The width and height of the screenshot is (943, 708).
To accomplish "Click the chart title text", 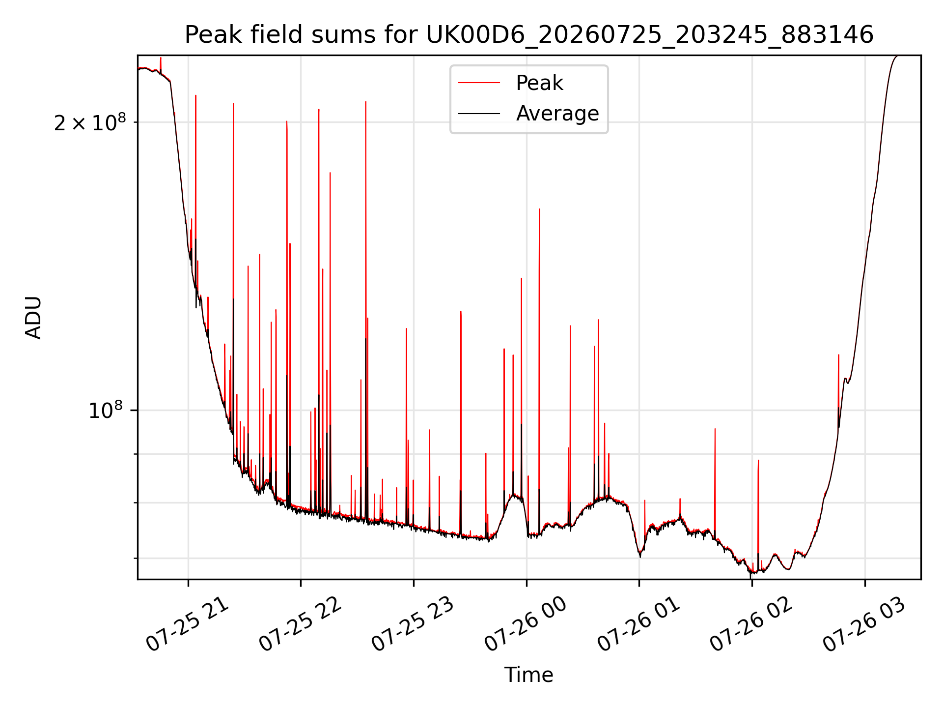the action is click(x=529, y=35).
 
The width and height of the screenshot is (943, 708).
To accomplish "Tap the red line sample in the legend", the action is click(x=479, y=83).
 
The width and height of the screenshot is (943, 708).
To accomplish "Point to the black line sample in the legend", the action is click(x=479, y=114).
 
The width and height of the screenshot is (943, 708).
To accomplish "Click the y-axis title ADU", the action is click(x=33, y=318).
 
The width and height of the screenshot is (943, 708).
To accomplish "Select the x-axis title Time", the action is click(x=529, y=675).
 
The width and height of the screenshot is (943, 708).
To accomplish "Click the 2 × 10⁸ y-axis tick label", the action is click(x=90, y=122).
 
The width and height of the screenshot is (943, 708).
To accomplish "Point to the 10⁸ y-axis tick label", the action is click(x=105, y=410).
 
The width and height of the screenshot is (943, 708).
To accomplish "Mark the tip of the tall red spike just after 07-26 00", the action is click(x=539, y=209).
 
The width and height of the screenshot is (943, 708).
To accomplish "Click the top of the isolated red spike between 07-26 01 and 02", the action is click(x=715, y=429).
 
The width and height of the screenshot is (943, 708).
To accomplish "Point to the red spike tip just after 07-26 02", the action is click(x=758, y=460).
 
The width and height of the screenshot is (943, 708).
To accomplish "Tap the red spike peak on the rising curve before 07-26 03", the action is click(x=838, y=354).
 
